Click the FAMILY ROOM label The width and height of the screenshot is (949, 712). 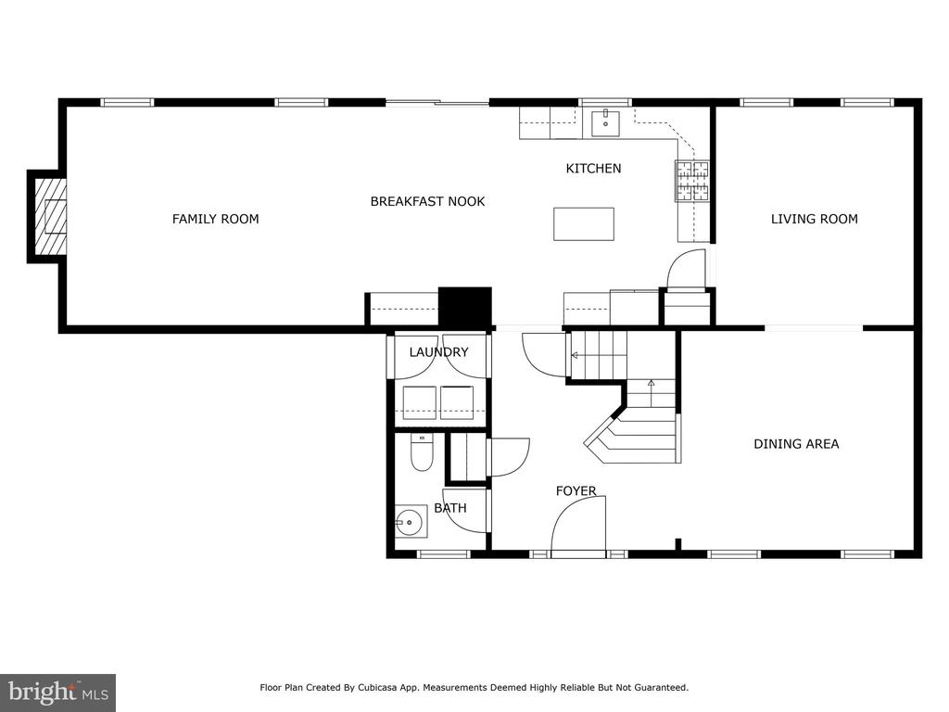tap(215, 219)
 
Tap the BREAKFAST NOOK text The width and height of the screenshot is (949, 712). tap(427, 201)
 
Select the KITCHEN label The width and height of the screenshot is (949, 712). tap(593, 169)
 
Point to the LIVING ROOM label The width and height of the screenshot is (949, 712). tap(814, 219)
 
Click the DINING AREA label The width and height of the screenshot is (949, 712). tap(796, 444)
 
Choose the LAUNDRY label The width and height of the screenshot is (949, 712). tap(438, 352)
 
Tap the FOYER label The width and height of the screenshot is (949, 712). tap(576, 491)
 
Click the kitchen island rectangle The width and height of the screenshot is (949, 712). tap(584, 224)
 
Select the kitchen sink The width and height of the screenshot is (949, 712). tap(605, 123)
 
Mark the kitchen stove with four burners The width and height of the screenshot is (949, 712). tap(691, 181)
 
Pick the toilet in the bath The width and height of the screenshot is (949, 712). tap(422, 452)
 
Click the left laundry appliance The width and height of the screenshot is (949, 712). tap(420, 402)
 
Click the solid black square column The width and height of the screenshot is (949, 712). tap(465, 308)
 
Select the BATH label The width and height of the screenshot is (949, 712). tap(450, 509)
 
